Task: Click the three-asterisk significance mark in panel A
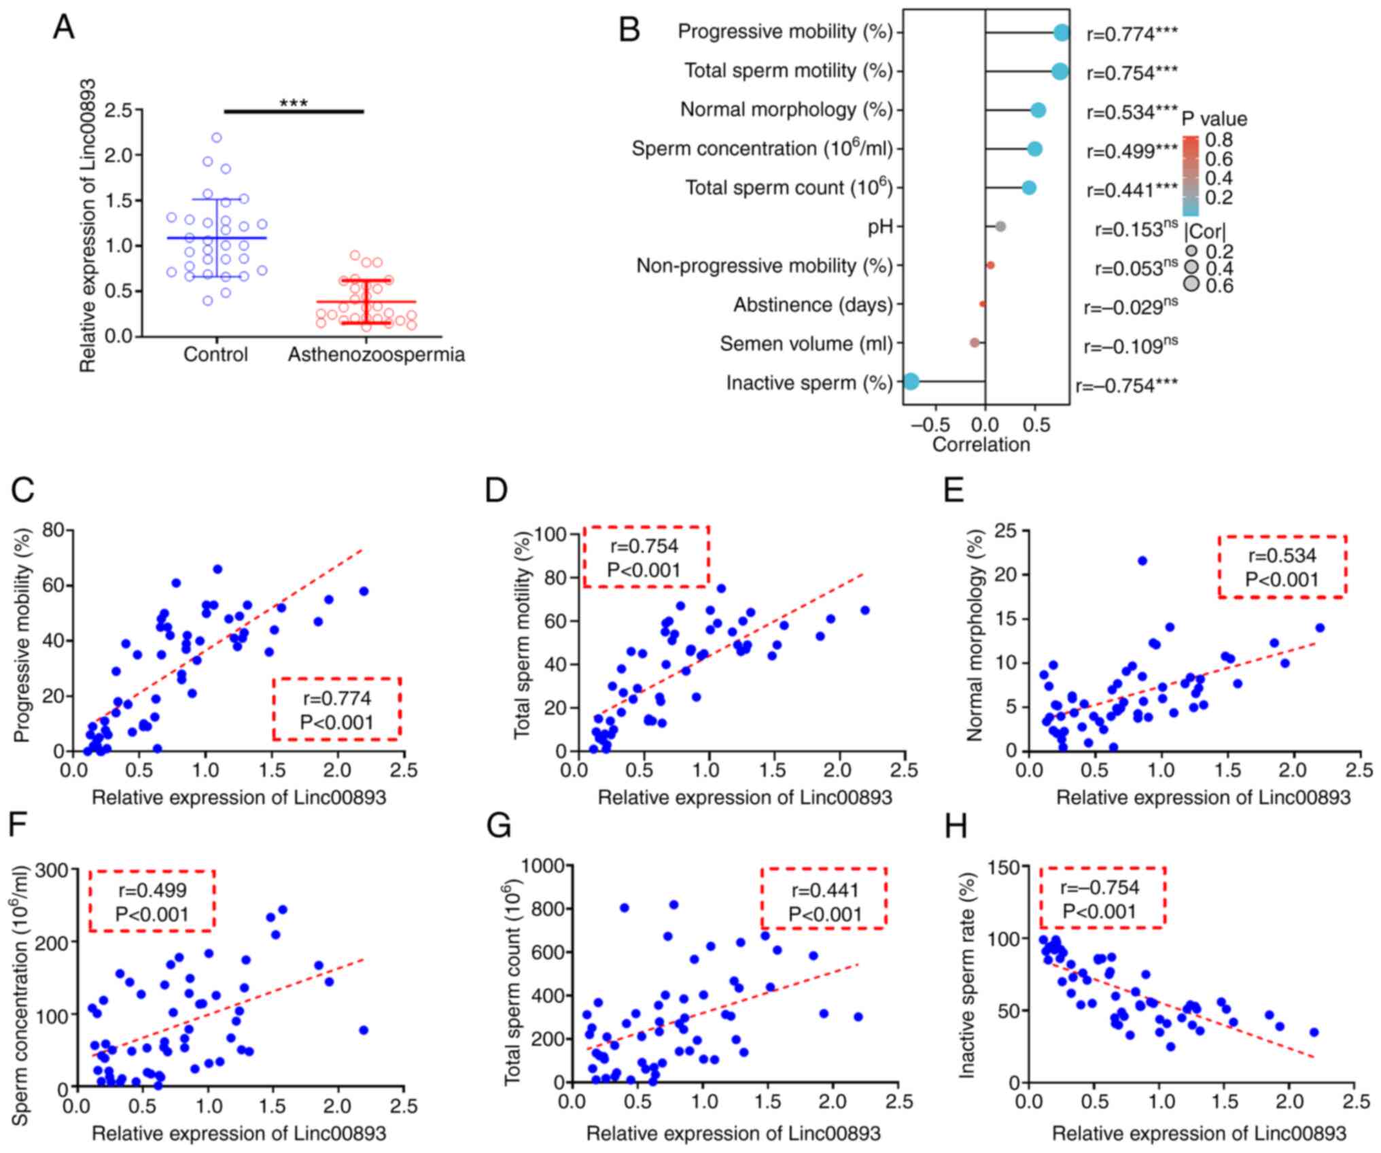294,104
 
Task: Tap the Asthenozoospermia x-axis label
376,355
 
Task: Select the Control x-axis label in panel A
215,355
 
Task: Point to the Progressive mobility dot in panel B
1062,33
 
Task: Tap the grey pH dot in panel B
1000,226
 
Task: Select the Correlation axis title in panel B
981,445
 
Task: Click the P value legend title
1214,120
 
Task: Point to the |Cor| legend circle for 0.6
1191,285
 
